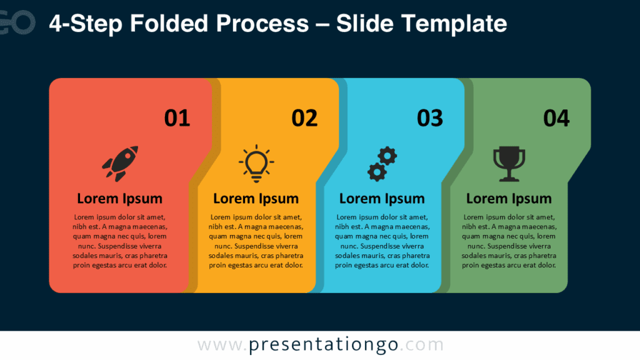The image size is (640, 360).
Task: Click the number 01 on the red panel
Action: point(177,118)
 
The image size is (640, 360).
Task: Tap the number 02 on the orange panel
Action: point(304,118)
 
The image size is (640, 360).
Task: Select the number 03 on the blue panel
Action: point(430,118)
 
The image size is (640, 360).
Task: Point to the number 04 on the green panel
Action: point(556,118)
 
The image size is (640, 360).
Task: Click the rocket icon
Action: point(120,163)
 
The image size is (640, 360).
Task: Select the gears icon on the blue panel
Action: point(382,164)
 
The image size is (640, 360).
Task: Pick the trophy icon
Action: point(509,164)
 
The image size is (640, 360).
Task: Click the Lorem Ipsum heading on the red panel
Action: point(119,199)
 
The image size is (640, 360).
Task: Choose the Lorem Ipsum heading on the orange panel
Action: point(256,199)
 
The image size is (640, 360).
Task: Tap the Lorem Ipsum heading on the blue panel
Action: point(382,199)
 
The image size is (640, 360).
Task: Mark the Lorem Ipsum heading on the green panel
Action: point(509,199)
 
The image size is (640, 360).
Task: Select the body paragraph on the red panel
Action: point(120,241)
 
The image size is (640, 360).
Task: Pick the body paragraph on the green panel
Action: point(509,241)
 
